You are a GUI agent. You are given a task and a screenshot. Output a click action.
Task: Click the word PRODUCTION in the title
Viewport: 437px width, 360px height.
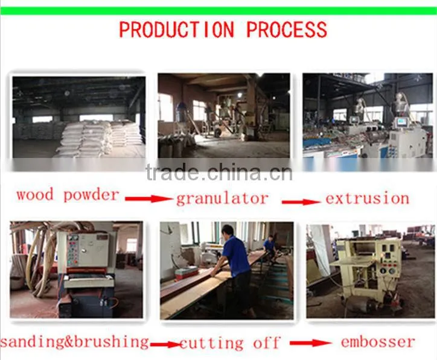click(177, 30)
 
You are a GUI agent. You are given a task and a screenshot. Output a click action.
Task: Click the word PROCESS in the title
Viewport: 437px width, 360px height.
click(287, 30)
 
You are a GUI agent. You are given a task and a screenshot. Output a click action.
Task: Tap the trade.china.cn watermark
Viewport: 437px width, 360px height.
click(219, 172)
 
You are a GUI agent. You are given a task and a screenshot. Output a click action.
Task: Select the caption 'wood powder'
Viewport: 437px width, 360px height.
click(68, 195)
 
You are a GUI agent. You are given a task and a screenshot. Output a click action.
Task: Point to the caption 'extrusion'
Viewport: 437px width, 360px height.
click(368, 198)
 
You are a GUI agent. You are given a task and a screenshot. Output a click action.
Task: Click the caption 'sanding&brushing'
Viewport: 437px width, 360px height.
click(74, 342)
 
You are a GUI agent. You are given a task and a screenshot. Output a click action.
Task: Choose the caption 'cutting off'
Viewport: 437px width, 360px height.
click(229, 343)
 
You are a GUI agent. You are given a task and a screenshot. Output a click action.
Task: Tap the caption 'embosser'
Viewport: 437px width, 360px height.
click(378, 342)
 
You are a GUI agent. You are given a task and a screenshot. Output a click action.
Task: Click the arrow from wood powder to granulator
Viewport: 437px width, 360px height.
click(149, 198)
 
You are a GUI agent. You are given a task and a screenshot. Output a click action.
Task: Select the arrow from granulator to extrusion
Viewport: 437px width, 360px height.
click(301, 202)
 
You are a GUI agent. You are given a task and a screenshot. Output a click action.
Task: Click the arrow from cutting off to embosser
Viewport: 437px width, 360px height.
click(311, 343)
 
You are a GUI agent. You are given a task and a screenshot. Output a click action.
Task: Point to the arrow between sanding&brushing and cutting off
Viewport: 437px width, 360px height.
click(167, 345)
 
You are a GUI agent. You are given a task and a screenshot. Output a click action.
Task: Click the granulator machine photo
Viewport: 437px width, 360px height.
click(224, 116)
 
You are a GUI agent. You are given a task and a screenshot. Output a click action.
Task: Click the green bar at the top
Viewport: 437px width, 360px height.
click(218, 11)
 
